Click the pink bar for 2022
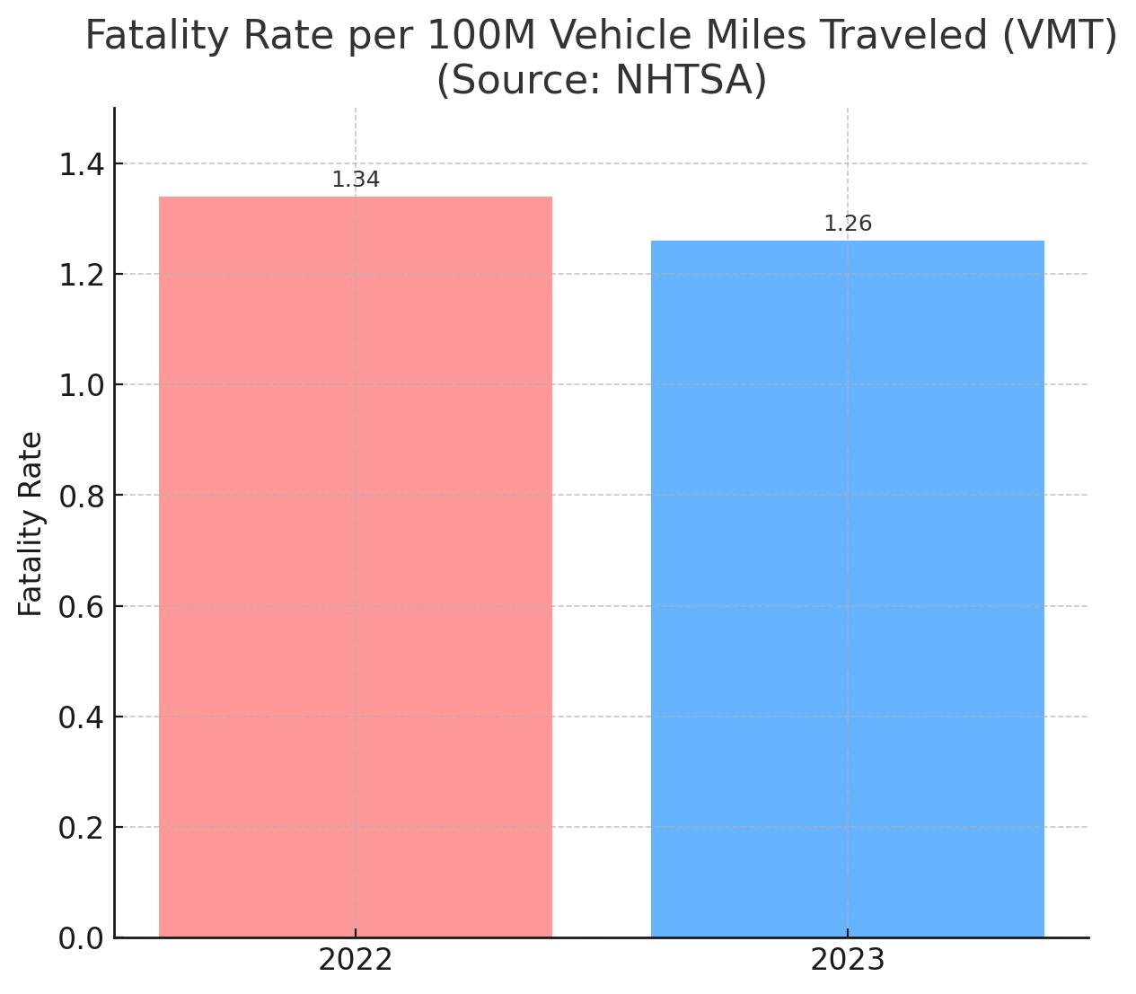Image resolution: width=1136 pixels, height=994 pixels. click(356, 567)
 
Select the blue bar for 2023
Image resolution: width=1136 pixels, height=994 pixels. click(847, 589)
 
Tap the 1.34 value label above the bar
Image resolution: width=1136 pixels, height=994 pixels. click(356, 180)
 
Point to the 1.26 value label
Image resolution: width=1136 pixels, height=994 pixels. click(848, 224)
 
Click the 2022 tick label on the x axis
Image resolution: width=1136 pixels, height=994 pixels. click(356, 961)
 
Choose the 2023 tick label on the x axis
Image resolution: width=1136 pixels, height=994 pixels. click(848, 961)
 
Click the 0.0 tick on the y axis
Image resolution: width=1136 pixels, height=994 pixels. click(81, 938)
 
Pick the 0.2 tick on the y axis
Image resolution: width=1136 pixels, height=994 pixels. click(81, 828)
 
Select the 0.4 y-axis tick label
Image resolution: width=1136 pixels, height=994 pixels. click(81, 717)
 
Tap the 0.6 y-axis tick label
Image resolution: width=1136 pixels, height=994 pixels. click(81, 606)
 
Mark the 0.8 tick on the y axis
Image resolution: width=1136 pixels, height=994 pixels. click(81, 496)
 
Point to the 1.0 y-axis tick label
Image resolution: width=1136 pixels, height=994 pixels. click(81, 385)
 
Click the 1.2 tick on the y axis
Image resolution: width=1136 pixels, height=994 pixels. click(81, 275)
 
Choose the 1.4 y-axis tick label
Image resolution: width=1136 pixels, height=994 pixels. click(81, 164)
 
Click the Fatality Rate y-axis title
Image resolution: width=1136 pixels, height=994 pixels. click(31, 523)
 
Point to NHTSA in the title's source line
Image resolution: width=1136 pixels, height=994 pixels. click(682, 81)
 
